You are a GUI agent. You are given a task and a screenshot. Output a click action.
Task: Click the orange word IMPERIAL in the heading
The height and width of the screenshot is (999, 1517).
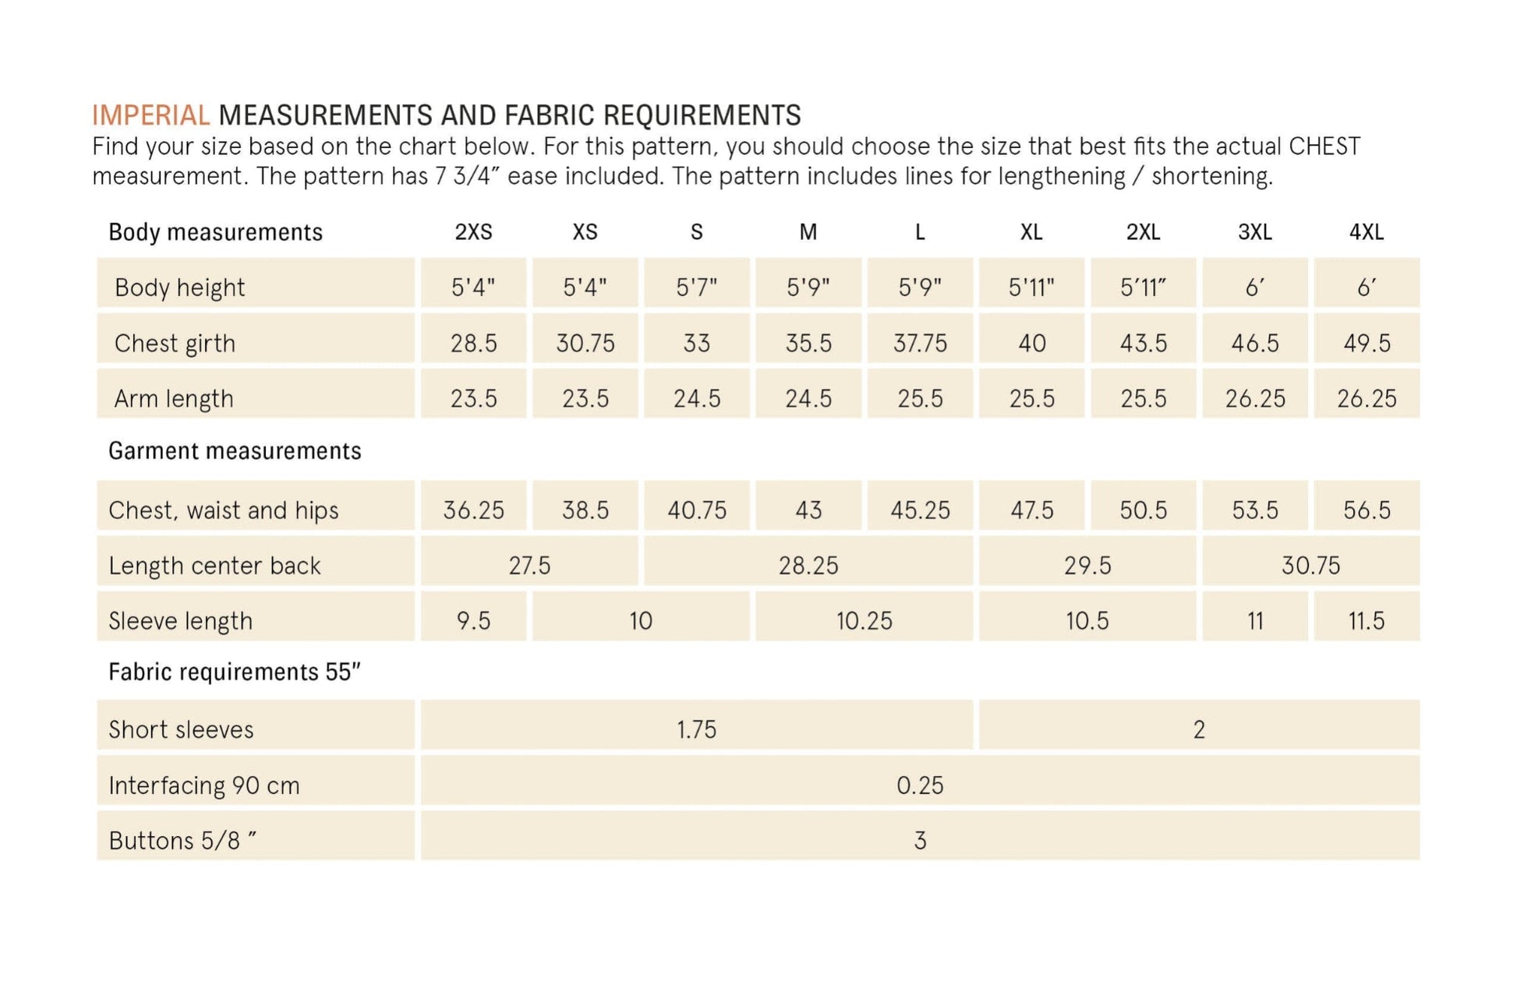[150, 115]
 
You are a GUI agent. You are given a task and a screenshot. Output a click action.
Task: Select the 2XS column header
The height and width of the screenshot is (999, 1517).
[473, 232]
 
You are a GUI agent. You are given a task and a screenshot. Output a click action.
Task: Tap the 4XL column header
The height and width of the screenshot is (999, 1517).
[1366, 232]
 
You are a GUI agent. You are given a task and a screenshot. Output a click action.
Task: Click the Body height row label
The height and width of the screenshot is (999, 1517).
[179, 288]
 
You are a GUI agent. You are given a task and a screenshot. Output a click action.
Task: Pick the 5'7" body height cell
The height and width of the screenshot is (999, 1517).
[696, 288]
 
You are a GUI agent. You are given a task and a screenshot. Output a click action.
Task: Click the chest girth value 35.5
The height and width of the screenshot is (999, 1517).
[808, 343]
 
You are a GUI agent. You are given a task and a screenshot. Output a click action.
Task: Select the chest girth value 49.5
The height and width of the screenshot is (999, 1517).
[1366, 343]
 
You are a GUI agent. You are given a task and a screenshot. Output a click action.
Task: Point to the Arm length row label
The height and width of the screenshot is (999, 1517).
[174, 398]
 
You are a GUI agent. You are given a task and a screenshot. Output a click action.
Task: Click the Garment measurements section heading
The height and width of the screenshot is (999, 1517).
[235, 451]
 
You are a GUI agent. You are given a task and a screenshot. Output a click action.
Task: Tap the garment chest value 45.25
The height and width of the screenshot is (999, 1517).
[920, 510]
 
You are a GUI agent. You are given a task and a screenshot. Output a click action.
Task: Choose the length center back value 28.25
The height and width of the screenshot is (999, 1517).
[808, 565]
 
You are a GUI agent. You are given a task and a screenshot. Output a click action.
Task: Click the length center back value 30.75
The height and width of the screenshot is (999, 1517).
[1310, 565]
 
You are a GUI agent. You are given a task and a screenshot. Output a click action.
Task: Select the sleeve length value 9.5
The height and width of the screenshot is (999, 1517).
[473, 620]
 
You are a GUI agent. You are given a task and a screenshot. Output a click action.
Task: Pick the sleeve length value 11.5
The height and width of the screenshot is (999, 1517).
[1366, 620]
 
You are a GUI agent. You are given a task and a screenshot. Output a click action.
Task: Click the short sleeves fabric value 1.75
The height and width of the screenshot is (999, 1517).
[696, 729]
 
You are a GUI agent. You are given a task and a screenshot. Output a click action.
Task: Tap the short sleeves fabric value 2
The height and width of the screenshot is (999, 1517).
[1199, 729]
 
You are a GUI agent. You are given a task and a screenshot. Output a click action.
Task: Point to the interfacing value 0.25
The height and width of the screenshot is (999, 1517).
[920, 785]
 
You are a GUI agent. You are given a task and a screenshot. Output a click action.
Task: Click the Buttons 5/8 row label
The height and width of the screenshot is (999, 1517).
[182, 841]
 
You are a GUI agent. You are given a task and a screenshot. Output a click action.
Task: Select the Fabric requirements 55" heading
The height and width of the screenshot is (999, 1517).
[235, 672]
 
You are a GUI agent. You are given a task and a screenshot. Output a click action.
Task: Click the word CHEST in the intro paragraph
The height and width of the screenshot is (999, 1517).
[1324, 146]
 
